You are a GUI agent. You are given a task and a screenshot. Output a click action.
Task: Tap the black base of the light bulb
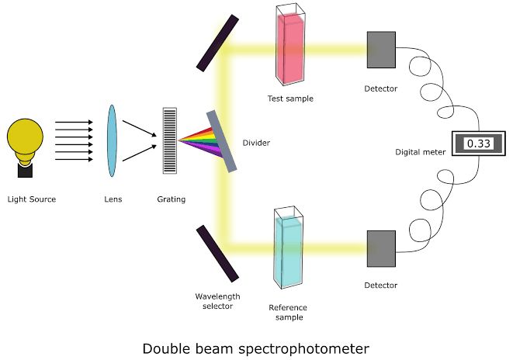25,169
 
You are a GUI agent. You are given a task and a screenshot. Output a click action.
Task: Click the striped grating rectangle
169,141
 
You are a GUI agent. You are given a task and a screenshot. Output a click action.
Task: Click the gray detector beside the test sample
381,50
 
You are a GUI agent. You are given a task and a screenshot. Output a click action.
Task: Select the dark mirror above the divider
217,43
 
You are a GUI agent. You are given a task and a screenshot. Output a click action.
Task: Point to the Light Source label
32,199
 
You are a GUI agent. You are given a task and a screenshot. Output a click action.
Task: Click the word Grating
172,199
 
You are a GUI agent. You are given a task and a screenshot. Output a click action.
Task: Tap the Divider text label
256,143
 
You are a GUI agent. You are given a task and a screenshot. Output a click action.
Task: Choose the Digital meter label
421,152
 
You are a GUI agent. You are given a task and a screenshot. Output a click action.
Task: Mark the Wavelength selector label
218,301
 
